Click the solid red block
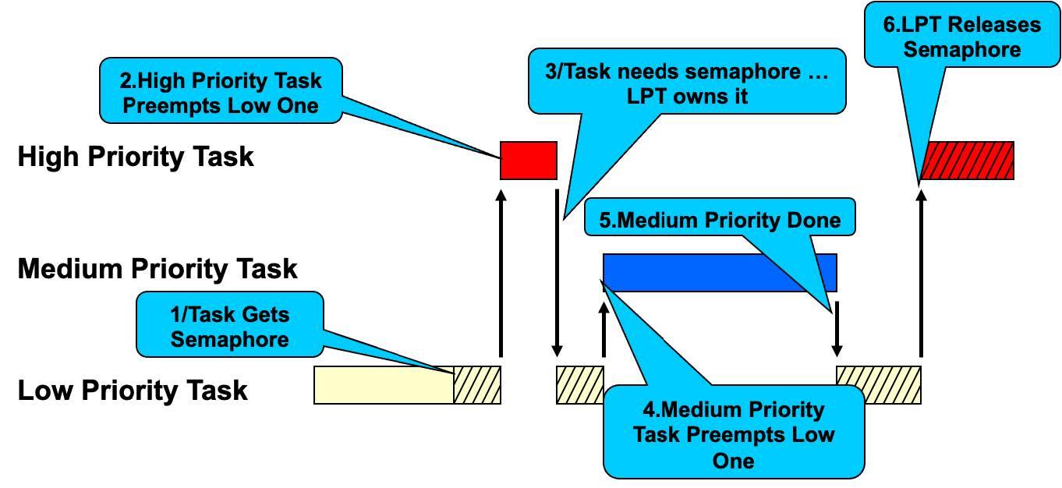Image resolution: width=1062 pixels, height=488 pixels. coord(528,161)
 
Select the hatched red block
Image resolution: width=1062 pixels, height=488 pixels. coord(967,161)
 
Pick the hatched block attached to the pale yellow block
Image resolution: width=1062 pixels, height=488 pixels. coord(477,385)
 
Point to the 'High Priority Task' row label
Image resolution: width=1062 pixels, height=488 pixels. coord(136,157)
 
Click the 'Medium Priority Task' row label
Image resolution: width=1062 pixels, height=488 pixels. coord(157,269)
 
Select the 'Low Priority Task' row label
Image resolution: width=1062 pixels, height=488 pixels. coord(133,390)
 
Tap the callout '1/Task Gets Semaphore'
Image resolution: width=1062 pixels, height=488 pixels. coord(229,327)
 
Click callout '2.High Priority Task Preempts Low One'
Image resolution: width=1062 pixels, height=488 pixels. coord(221,93)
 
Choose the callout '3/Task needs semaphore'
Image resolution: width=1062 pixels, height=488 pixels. coord(686,83)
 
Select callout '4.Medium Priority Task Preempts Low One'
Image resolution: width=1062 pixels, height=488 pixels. coord(733,433)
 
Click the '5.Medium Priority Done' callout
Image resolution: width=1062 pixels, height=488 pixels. coord(720,221)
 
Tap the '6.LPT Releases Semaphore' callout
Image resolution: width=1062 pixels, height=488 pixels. coord(961,37)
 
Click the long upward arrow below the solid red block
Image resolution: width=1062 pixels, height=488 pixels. coord(501,273)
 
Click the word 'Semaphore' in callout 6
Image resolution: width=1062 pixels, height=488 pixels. coord(961,50)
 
